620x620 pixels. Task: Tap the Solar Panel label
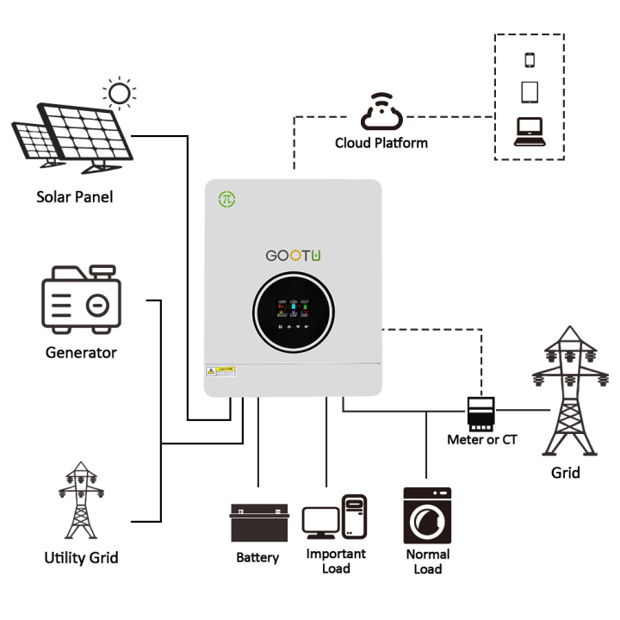pyautogui.click(x=75, y=197)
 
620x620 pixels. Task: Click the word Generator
pyautogui.click(x=81, y=352)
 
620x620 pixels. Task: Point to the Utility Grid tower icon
pyautogui.click(x=81, y=501)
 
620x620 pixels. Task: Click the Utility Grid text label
pyautogui.click(x=81, y=558)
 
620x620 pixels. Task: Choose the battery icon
pyautogui.click(x=257, y=523)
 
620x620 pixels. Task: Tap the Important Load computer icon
pyautogui.click(x=336, y=517)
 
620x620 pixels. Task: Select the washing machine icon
pyautogui.click(x=427, y=515)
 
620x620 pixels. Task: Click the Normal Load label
pyautogui.click(x=427, y=561)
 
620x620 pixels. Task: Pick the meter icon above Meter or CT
pyautogui.click(x=481, y=412)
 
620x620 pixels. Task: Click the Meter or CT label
pyautogui.click(x=482, y=440)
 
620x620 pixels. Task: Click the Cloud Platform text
pyautogui.click(x=381, y=143)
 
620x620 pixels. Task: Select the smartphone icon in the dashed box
pyautogui.click(x=530, y=59)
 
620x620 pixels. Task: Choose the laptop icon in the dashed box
pyautogui.click(x=530, y=130)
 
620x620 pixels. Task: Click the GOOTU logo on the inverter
pyautogui.click(x=294, y=257)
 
